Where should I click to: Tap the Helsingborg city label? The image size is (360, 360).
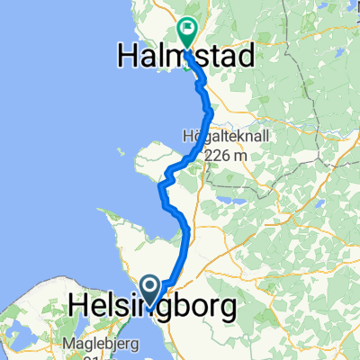pos(152,308)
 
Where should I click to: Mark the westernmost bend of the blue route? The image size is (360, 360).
pos(160,187)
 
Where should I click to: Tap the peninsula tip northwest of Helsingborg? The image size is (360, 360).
pos(108,216)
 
